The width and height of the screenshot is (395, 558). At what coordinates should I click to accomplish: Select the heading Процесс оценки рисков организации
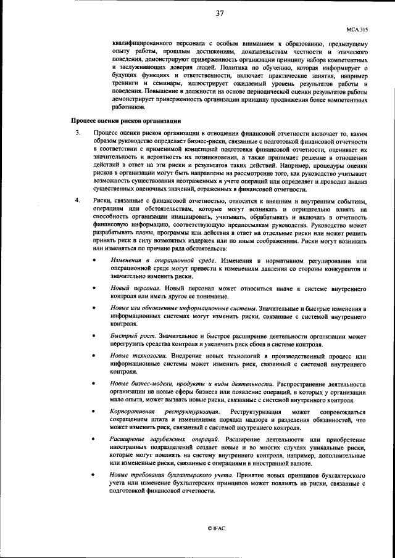125,121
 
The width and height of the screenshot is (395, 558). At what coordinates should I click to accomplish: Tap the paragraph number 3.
77,133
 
